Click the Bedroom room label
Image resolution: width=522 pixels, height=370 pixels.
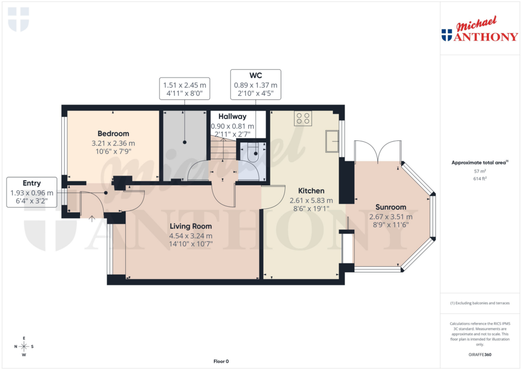click(x=114, y=134)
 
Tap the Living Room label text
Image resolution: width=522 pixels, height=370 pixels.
click(x=191, y=226)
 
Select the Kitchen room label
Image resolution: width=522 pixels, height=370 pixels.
click(x=311, y=191)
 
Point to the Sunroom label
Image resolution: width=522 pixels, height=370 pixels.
click(x=391, y=207)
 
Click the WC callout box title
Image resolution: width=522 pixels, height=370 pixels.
click(x=255, y=76)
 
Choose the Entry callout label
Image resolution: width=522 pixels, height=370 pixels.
click(x=32, y=183)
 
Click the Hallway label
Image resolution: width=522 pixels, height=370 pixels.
click(x=232, y=116)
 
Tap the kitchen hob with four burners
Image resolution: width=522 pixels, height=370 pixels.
click(x=303, y=119)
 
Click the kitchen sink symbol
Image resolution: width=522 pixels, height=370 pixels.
click(x=332, y=141)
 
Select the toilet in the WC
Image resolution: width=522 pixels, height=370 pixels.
click(x=253, y=153)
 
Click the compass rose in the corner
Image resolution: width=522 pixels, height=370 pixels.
click(x=24, y=347)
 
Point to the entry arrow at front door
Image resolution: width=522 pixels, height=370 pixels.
click(x=92, y=219)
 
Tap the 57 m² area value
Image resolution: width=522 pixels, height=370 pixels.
click(x=480, y=171)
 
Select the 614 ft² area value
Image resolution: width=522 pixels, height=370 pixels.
click(x=480, y=179)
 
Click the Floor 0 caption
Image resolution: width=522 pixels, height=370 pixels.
click(x=221, y=361)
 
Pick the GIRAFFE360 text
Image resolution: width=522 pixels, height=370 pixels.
click(x=480, y=355)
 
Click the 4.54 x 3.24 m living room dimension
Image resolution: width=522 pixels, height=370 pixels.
click(x=191, y=236)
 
